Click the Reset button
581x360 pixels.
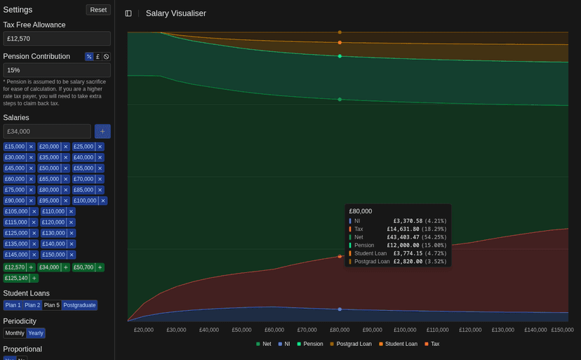point(98,10)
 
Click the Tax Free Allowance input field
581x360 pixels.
point(57,39)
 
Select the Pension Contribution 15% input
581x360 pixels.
point(57,70)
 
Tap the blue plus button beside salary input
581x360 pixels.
point(102,131)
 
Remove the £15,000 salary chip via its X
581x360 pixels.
point(31,147)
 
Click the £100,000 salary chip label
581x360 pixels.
point(85,201)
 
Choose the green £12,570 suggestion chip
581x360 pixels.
point(15,267)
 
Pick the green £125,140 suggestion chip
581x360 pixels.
point(16,278)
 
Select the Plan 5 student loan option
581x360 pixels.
point(52,305)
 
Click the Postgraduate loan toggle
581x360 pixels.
point(79,305)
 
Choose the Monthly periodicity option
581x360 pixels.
point(15,333)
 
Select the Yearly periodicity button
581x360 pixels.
point(35,333)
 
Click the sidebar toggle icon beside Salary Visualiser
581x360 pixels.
point(128,13)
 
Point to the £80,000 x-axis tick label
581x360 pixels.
point(340,330)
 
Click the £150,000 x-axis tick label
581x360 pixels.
point(561,330)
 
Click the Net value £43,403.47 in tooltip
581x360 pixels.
point(403,237)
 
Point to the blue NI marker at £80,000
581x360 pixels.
point(340,309)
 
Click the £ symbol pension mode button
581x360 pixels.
point(98,57)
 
